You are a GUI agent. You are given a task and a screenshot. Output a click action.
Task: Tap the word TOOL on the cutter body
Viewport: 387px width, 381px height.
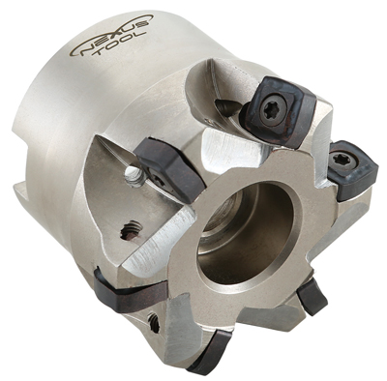[121, 45]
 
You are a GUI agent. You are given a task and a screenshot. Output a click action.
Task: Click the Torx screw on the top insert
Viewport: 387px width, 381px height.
[274, 109]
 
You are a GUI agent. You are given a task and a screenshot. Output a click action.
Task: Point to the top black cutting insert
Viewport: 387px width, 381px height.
[278, 111]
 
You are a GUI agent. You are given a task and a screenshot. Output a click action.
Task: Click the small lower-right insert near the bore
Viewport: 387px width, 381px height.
[312, 296]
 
